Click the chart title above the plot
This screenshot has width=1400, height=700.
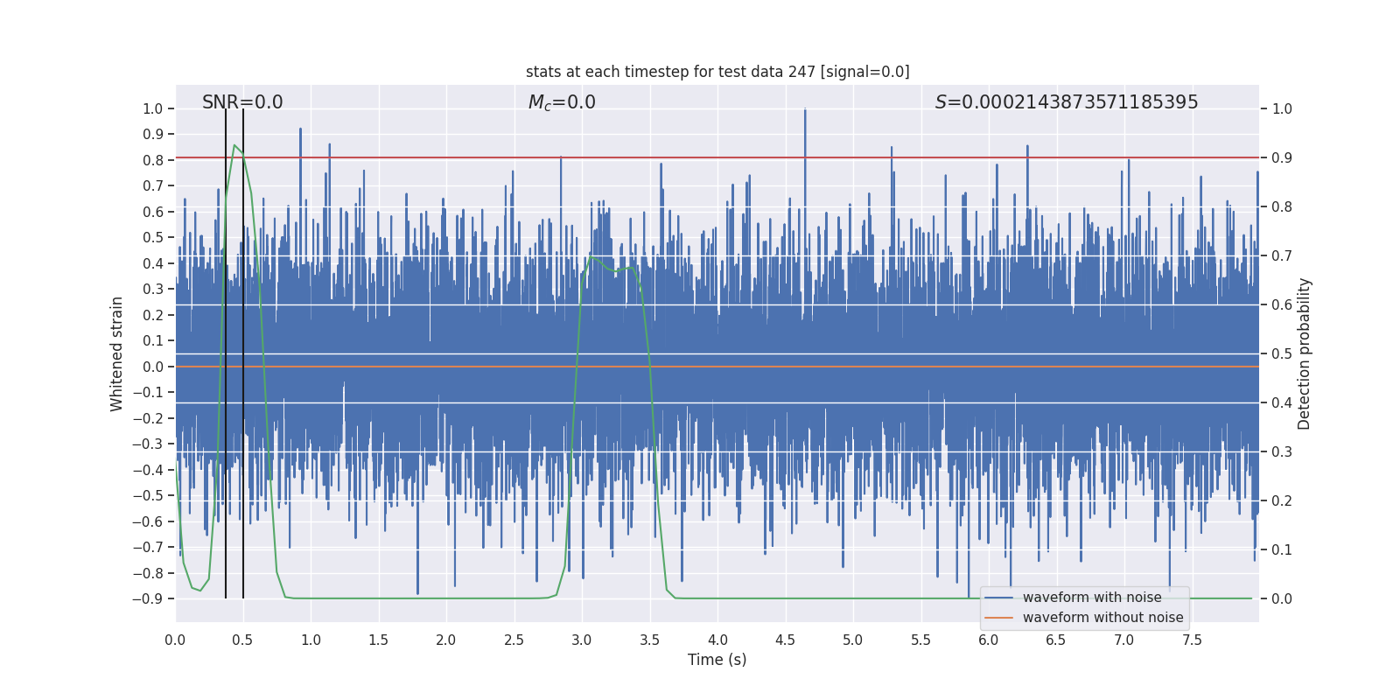pos(717,72)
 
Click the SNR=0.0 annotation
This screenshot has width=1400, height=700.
pos(242,102)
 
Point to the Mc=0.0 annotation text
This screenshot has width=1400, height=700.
pos(562,102)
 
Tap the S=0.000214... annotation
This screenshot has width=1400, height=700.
pos(1067,102)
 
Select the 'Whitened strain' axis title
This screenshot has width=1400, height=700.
pos(117,353)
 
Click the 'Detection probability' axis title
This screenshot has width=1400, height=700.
pos(1305,353)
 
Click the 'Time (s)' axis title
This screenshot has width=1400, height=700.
pos(717,660)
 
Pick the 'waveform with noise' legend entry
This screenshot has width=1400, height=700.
pos(1092,598)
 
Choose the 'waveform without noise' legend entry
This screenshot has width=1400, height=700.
pos(1102,618)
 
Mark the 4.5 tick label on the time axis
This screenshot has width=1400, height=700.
pos(786,640)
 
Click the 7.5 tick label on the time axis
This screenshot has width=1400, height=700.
pos(1192,640)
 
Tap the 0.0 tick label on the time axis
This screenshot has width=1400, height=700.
pos(175,640)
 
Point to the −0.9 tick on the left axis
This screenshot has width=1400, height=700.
pos(148,598)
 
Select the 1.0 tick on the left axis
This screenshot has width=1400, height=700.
pos(152,108)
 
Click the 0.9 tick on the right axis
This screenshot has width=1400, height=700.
pos(1282,157)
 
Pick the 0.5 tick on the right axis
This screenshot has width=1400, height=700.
pos(1282,353)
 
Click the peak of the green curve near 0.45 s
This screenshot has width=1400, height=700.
pos(234,145)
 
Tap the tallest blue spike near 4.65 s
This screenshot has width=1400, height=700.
pos(805,109)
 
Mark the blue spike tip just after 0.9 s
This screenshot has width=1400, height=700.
pos(300,129)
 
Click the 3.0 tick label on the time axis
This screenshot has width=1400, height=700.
pos(582,640)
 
